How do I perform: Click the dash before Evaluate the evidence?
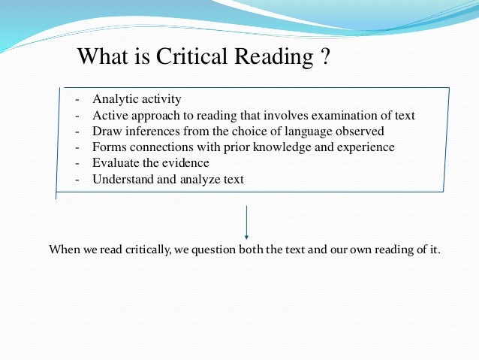(77, 162)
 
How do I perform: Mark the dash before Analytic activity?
(77, 99)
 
